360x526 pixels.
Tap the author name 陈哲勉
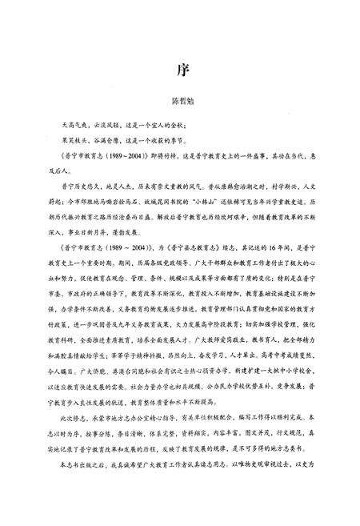click(179, 102)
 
